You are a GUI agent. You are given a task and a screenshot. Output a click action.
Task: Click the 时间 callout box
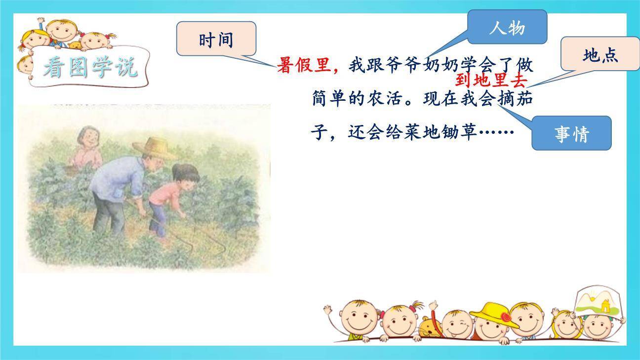(x=216, y=39)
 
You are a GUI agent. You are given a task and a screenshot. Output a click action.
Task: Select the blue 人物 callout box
(x=507, y=27)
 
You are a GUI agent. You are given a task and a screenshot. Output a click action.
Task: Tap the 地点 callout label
(x=600, y=54)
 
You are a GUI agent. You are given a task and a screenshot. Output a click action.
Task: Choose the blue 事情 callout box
(x=571, y=133)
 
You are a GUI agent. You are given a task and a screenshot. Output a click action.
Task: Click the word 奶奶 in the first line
(x=440, y=65)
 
